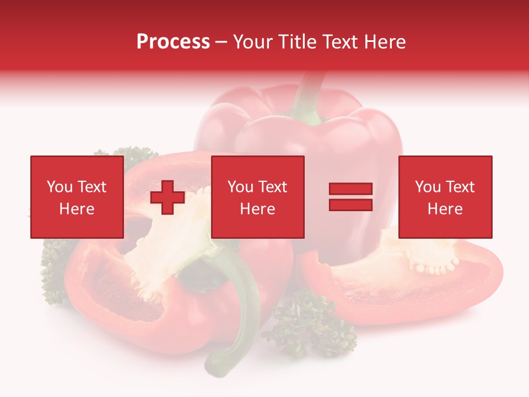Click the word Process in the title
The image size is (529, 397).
[x=173, y=42]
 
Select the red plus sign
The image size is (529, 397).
[x=168, y=197]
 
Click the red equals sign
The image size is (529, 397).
[x=350, y=197]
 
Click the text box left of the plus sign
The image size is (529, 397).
[x=77, y=197]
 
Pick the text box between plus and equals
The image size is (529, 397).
[x=257, y=197]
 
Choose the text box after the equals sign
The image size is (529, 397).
[x=445, y=197]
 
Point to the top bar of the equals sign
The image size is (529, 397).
[x=350, y=189]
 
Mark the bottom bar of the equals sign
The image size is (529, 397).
[x=350, y=205]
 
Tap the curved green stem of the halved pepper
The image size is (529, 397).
[x=242, y=309]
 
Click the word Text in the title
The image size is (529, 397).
[x=340, y=42]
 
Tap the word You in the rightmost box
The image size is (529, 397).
[x=428, y=187]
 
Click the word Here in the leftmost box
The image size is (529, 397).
[x=77, y=209]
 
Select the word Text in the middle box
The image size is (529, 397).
[x=272, y=187]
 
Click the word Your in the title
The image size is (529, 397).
[x=254, y=42]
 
